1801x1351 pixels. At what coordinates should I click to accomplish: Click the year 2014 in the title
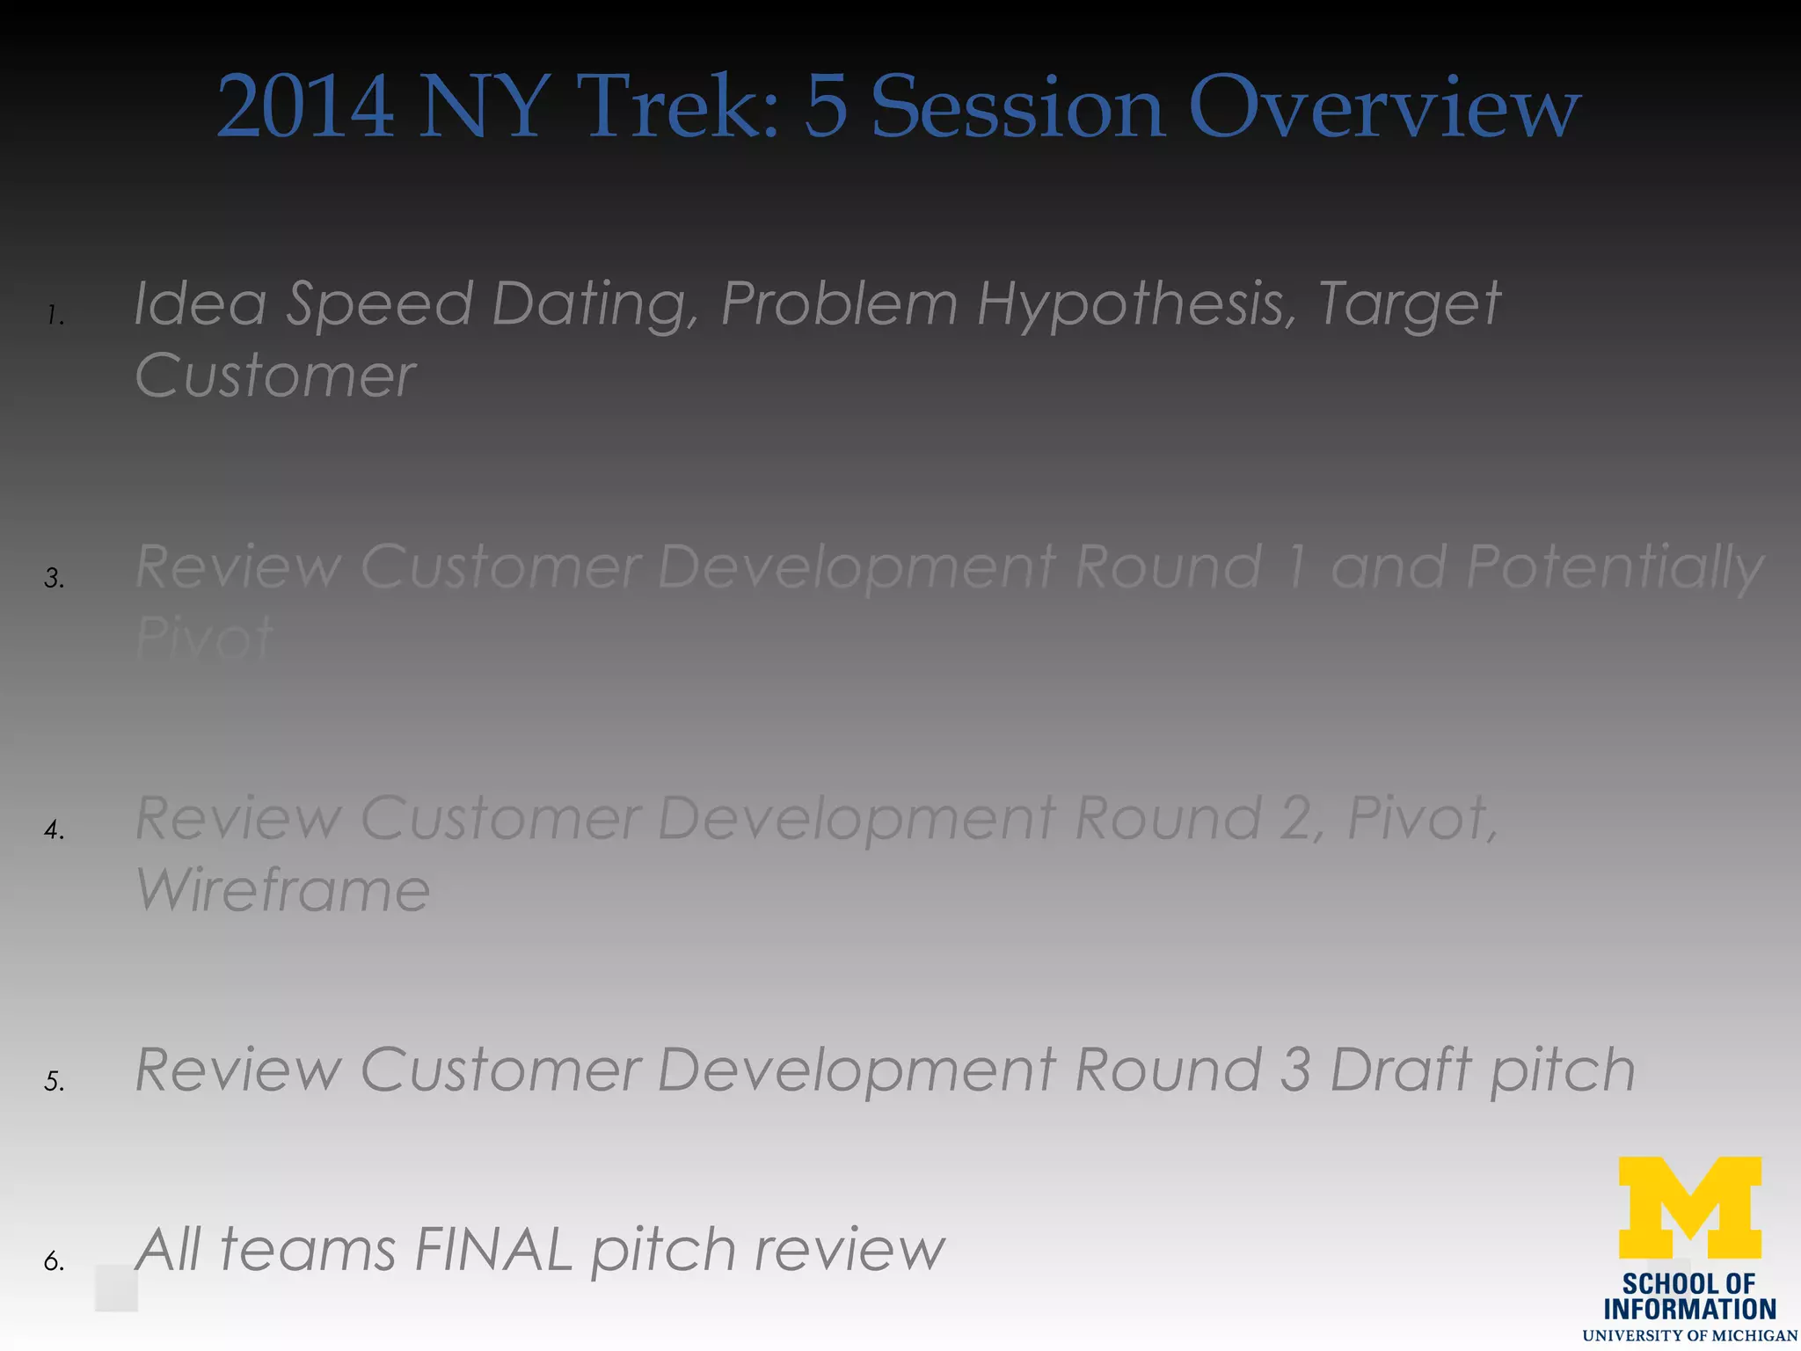[305, 107]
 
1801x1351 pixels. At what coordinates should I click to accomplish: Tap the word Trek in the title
[682, 107]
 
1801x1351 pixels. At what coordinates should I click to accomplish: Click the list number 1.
[55, 316]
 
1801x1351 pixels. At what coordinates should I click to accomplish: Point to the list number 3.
[55, 578]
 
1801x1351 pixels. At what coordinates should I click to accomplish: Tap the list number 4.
[55, 829]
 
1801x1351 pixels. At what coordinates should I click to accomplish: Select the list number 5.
[55, 1081]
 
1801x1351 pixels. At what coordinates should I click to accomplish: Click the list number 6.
[55, 1261]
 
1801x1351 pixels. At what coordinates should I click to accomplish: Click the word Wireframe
[282, 890]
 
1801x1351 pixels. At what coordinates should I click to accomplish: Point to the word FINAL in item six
[492, 1250]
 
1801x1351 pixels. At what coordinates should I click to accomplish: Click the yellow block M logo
[1689, 1207]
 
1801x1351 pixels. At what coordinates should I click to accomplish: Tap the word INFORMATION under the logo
[1689, 1310]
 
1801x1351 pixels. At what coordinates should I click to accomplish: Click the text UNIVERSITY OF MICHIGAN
[1689, 1336]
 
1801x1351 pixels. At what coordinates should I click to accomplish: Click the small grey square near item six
[116, 1289]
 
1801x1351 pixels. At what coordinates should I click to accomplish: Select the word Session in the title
[1017, 107]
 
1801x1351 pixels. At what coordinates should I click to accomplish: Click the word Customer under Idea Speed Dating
[275, 376]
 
